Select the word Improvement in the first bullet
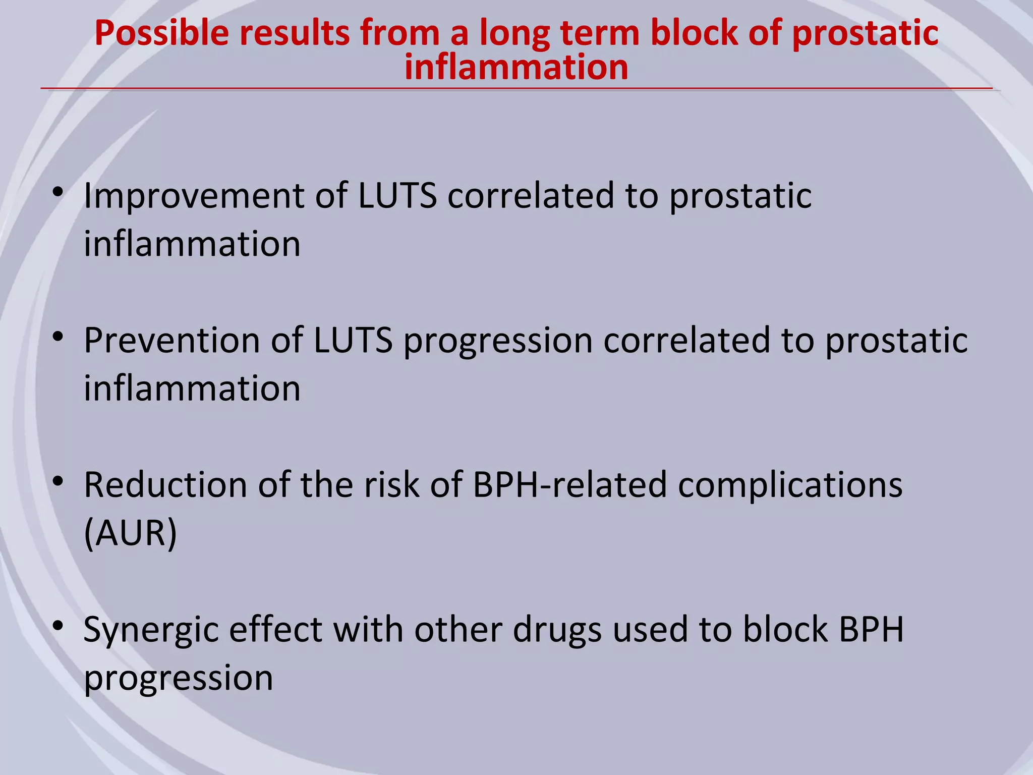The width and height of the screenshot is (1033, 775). (194, 197)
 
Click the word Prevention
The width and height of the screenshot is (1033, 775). (171, 341)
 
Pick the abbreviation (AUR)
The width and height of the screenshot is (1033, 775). (130, 533)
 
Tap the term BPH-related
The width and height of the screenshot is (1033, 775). (570, 485)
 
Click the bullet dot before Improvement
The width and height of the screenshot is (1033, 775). (59, 192)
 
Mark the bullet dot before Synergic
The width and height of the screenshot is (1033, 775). (59, 626)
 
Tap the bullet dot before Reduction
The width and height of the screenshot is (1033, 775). (59, 482)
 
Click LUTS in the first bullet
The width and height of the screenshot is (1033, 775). (397, 197)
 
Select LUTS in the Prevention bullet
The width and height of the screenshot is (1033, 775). (353, 341)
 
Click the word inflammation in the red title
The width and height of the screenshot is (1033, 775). (516, 68)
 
